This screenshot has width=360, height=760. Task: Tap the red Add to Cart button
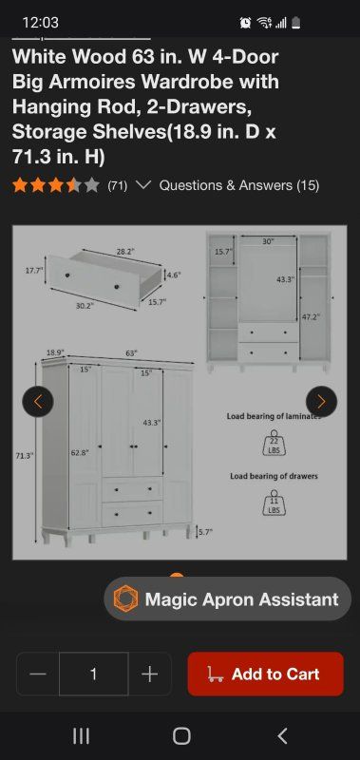(x=266, y=674)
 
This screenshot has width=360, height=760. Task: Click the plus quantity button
(x=150, y=674)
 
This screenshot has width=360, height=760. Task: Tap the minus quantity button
(x=38, y=674)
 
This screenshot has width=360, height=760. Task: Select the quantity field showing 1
(x=93, y=674)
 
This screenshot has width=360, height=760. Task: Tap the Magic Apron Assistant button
(x=227, y=599)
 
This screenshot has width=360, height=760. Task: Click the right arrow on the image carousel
(x=321, y=401)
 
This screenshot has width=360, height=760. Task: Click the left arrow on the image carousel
(x=38, y=401)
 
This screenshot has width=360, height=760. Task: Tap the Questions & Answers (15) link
(x=239, y=185)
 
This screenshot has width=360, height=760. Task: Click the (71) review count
(x=117, y=185)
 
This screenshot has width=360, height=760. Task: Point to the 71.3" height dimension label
(x=24, y=456)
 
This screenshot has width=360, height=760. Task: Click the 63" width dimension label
(x=131, y=353)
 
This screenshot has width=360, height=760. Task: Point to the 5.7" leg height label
(x=205, y=532)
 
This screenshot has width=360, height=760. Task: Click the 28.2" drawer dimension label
(x=125, y=252)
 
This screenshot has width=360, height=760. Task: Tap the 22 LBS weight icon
(x=275, y=442)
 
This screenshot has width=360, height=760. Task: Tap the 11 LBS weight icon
(x=275, y=503)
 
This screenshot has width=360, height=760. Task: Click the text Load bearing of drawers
(x=274, y=476)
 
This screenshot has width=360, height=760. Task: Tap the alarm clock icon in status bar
(x=246, y=22)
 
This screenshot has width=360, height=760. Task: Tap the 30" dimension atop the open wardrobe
(x=268, y=241)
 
